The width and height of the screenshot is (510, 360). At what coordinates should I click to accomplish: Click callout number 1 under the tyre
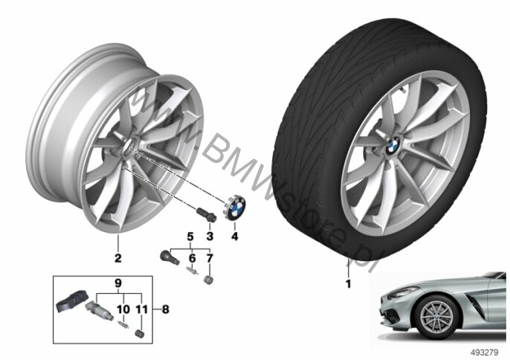coord(349,284)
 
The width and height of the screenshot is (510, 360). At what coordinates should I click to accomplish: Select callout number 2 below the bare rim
coord(117,258)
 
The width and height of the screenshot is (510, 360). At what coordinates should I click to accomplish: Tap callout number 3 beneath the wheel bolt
coord(210,236)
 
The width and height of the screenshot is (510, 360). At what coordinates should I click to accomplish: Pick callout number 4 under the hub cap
coord(235,236)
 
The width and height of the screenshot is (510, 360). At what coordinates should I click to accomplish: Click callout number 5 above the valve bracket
coord(190,237)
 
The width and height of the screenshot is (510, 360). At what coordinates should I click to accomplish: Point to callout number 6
coord(193,258)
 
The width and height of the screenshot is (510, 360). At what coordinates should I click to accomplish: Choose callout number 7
coord(210,258)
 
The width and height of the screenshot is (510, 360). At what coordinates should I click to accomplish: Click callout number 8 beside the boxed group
coord(166,309)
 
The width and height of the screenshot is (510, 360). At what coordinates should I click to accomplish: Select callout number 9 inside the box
coord(118,283)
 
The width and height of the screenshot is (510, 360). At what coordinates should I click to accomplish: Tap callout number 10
coord(123,309)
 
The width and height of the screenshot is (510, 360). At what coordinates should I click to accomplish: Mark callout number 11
coord(142,309)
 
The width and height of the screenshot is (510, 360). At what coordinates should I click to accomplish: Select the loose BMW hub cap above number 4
coord(234,208)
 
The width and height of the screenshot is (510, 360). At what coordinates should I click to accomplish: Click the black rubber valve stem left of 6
coord(170,257)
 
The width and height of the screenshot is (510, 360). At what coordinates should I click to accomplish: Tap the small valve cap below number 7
coord(208,280)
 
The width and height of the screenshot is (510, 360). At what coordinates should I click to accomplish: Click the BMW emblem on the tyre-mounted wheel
coord(393,145)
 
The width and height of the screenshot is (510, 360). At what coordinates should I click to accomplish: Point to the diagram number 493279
coord(485,352)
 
